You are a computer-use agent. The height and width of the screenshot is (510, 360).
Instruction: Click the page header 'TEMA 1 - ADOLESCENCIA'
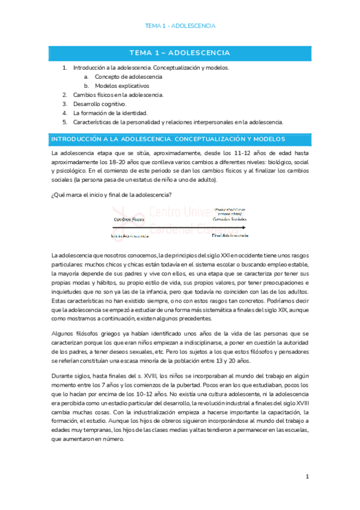click(x=180, y=26)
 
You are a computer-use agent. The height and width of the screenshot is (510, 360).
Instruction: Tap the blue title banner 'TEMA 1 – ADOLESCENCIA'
click(x=180, y=53)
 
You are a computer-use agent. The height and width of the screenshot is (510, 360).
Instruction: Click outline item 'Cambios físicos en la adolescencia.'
click(x=118, y=95)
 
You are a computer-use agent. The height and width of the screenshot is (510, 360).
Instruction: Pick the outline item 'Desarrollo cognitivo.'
click(x=100, y=104)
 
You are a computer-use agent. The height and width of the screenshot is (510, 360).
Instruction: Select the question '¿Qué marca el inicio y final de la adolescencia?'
click(x=112, y=194)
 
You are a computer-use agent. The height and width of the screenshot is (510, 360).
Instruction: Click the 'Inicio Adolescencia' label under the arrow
click(x=130, y=236)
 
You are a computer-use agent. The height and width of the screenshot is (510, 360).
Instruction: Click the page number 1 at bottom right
click(x=307, y=477)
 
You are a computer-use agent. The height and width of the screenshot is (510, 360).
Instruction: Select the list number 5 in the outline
click(x=64, y=121)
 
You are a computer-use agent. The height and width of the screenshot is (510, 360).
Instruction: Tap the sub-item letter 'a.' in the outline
click(x=86, y=77)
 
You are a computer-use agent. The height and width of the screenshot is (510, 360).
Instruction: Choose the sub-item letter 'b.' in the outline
click(x=86, y=86)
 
